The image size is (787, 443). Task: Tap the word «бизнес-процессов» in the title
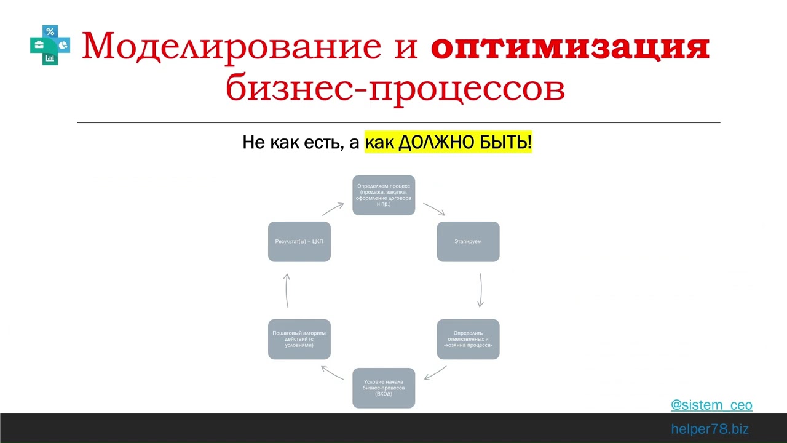click(x=395, y=88)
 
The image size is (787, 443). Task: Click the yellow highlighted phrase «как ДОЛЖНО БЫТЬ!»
click(x=448, y=143)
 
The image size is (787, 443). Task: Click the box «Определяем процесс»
click(x=384, y=195)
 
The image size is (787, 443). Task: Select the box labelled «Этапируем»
click(x=468, y=241)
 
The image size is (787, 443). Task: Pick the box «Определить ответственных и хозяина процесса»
click(x=468, y=339)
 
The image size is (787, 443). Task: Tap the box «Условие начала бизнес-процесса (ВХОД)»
click(x=384, y=388)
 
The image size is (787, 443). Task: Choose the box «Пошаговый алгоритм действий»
click(x=299, y=339)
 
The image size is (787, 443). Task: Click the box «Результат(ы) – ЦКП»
click(x=299, y=241)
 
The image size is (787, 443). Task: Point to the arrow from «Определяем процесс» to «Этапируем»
click(x=434, y=209)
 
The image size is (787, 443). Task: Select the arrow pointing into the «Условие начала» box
click(x=435, y=373)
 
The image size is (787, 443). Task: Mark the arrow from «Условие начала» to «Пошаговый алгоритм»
click(x=333, y=372)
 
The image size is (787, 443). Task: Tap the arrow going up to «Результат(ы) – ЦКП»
click(x=287, y=290)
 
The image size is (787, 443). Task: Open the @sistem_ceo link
click(x=711, y=405)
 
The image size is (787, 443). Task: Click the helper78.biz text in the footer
click(x=710, y=429)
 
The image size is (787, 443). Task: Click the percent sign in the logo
click(x=50, y=32)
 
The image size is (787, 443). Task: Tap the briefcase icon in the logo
click(x=38, y=45)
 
